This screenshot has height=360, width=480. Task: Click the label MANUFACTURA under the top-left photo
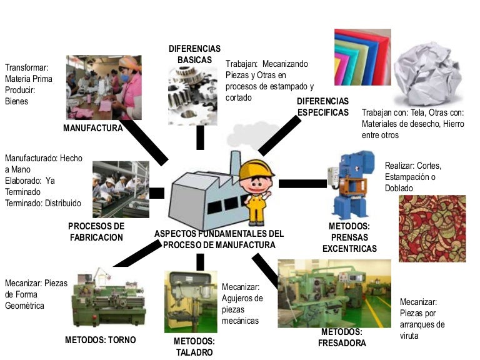tap(92, 128)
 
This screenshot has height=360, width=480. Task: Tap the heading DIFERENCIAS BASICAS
tap(194, 54)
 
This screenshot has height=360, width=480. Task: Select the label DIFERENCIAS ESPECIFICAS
tap(322, 106)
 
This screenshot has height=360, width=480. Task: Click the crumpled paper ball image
tap(428, 72)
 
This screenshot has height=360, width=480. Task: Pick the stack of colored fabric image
tap(362, 56)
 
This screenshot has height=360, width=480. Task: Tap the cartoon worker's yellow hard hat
tap(256, 169)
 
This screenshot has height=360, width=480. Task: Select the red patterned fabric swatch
tap(432, 228)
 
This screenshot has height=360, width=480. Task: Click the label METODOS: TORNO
tap(100, 341)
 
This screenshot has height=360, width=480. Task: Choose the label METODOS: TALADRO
tap(194, 347)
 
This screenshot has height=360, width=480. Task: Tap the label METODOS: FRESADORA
tap(342, 337)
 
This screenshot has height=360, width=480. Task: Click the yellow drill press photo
tap(191, 301)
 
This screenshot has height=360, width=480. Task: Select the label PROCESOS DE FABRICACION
tap(96, 231)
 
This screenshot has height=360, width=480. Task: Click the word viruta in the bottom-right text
tap(410, 336)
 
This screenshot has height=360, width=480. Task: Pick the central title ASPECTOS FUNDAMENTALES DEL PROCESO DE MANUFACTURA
tap(219, 239)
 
